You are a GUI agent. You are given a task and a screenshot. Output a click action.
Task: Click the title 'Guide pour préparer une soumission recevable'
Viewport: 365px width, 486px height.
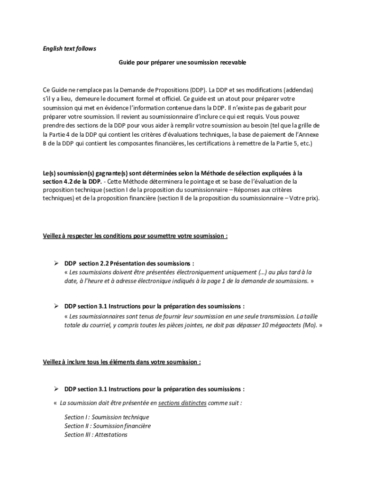[x=182, y=62]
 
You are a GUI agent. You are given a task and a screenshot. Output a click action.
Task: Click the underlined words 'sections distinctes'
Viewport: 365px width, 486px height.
[x=182, y=403]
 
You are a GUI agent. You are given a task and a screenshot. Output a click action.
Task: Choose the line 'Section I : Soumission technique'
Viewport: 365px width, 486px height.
[x=107, y=417]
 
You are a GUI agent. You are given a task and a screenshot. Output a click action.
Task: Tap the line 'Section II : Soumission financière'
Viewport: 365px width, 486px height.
[x=108, y=426]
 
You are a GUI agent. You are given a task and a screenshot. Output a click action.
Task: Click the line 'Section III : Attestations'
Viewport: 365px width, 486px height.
[x=96, y=435]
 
